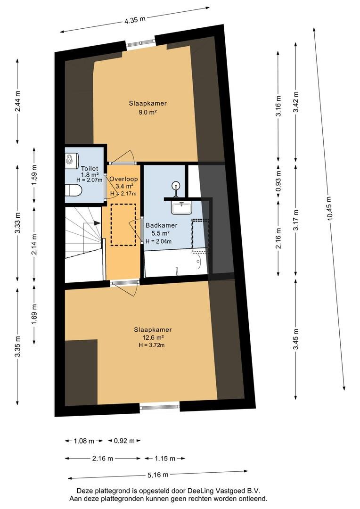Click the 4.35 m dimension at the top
pyautogui.click(x=135, y=19)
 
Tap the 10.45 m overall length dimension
pyautogui.click(x=330, y=208)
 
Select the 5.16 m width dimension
pyautogui.click(x=158, y=475)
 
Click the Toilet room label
pyautogui.click(x=89, y=168)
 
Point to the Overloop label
pyautogui.click(x=123, y=179)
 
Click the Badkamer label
pyautogui.click(x=161, y=225)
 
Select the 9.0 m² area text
pyautogui.click(x=147, y=113)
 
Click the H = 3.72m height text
pyautogui.click(x=152, y=345)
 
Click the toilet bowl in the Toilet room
pyautogui.click(x=73, y=190)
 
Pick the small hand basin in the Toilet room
pyautogui.click(x=72, y=159)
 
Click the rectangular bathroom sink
pyautogui.click(x=182, y=207)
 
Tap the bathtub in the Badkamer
pyautogui.click(x=176, y=263)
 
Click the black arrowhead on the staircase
pyautogui.click(x=97, y=223)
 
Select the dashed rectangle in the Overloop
pyautogui.click(x=123, y=225)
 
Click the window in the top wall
pyautogui.click(x=140, y=42)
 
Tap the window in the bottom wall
pyautogui.click(x=160, y=406)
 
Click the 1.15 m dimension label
pyautogui.click(x=165, y=459)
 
